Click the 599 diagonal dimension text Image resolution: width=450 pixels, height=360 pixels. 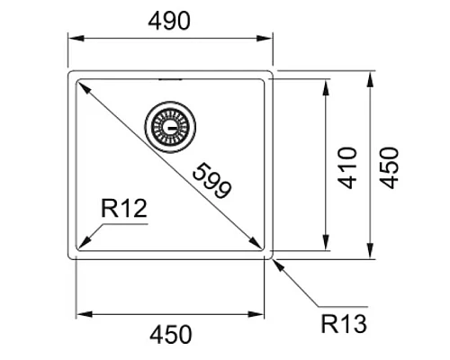point(212,177)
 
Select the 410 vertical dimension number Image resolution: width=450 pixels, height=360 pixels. point(348,165)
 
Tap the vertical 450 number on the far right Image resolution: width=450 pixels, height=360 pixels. point(393,166)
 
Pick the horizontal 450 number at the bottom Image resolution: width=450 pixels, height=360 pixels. point(170,335)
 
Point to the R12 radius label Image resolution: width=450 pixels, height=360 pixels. point(124,210)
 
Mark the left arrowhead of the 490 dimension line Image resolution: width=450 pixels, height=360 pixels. point(75,38)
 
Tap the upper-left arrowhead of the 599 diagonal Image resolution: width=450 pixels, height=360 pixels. point(82,86)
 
